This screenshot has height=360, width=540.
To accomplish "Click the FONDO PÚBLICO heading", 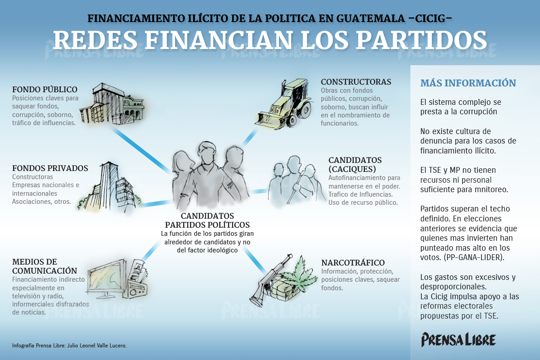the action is point(45,90).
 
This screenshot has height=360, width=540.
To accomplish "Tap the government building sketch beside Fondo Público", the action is point(112,104).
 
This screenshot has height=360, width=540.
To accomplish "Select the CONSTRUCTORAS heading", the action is point(356,82).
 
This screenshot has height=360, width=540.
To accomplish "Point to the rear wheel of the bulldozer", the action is point(301,112).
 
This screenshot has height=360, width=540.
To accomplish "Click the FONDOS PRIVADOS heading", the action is point(50,168).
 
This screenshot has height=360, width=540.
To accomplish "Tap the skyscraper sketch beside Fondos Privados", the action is point(110,187).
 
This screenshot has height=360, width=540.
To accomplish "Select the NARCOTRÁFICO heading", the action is point(353,263).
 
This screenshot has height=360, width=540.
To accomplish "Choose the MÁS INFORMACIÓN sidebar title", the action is point(468,83).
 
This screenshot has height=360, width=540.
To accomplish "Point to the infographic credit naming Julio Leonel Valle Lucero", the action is point(69,346).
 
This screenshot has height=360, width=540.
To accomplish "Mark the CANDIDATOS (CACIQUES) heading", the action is point(355,164).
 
